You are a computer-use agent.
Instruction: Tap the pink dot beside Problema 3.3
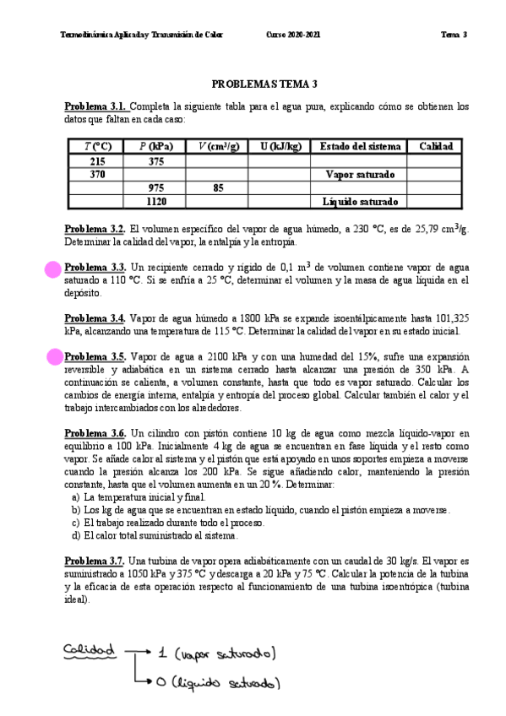[x=53, y=269]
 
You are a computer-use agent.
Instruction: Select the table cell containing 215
[x=97, y=160]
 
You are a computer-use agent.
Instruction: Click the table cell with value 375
[x=155, y=160]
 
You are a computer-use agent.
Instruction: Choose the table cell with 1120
[x=155, y=202]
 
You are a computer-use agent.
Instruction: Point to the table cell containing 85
[x=217, y=187]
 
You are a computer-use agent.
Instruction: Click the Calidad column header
[x=436, y=146]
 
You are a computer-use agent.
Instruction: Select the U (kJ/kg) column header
[x=280, y=146]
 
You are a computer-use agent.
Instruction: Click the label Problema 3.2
[x=95, y=230]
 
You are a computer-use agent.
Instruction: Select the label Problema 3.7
[x=95, y=561]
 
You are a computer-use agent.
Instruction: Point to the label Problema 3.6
[x=95, y=433]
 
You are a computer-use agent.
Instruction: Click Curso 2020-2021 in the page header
[x=294, y=35]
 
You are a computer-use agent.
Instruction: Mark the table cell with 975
[x=155, y=187]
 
